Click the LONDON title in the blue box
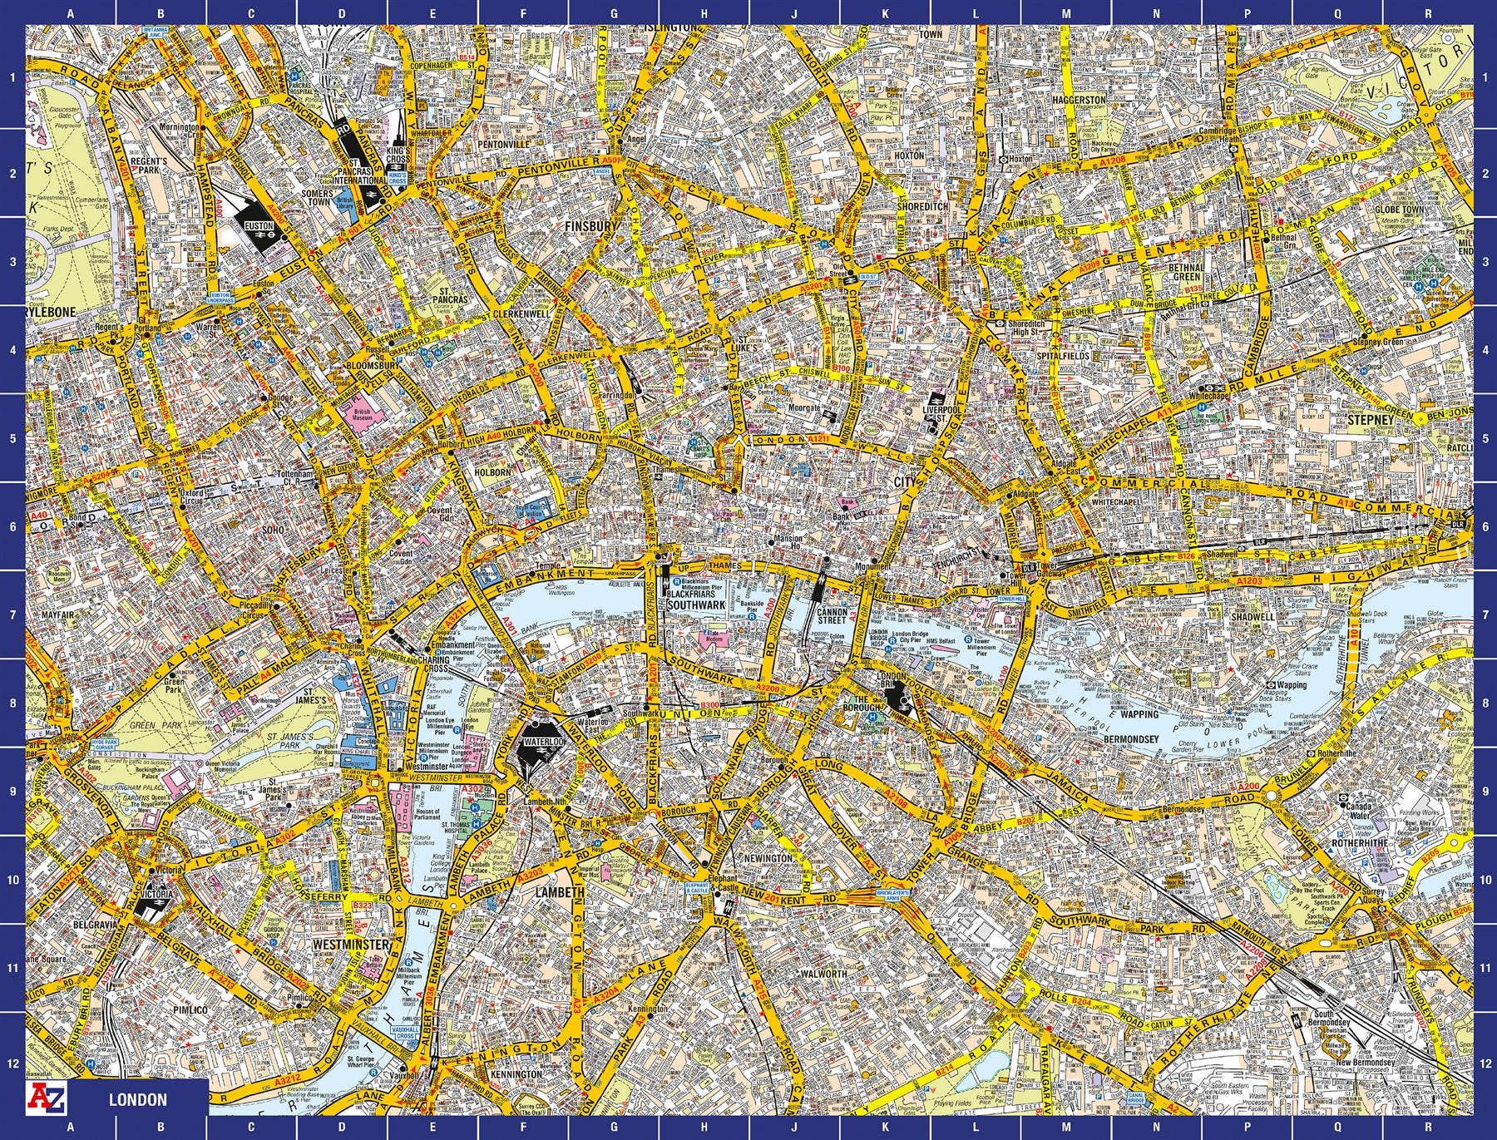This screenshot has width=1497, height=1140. [137, 1100]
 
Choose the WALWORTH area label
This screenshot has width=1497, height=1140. [823, 974]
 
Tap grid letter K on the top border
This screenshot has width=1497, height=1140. [886, 13]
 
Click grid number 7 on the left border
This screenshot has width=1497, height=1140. [12, 614]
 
